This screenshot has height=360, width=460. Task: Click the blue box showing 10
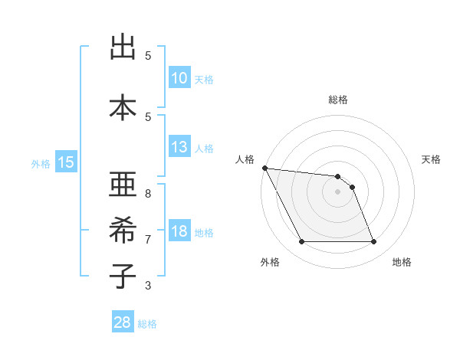[179, 78]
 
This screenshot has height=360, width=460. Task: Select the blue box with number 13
[179, 147]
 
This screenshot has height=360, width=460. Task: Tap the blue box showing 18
[179, 231]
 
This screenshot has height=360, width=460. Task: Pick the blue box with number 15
[65, 162]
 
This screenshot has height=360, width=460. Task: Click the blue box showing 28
[122, 322]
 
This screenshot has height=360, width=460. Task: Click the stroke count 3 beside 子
[148, 286]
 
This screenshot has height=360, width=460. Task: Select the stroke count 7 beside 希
[148, 239]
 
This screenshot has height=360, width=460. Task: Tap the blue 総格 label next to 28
[147, 324]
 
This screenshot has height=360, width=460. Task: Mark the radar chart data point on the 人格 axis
[264, 168]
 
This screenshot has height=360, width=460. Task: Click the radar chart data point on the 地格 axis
[373, 242]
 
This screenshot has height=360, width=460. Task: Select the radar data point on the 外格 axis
[301, 242]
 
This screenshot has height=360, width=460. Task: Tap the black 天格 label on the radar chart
[431, 159]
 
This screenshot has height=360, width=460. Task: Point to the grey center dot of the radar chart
[337, 191]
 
